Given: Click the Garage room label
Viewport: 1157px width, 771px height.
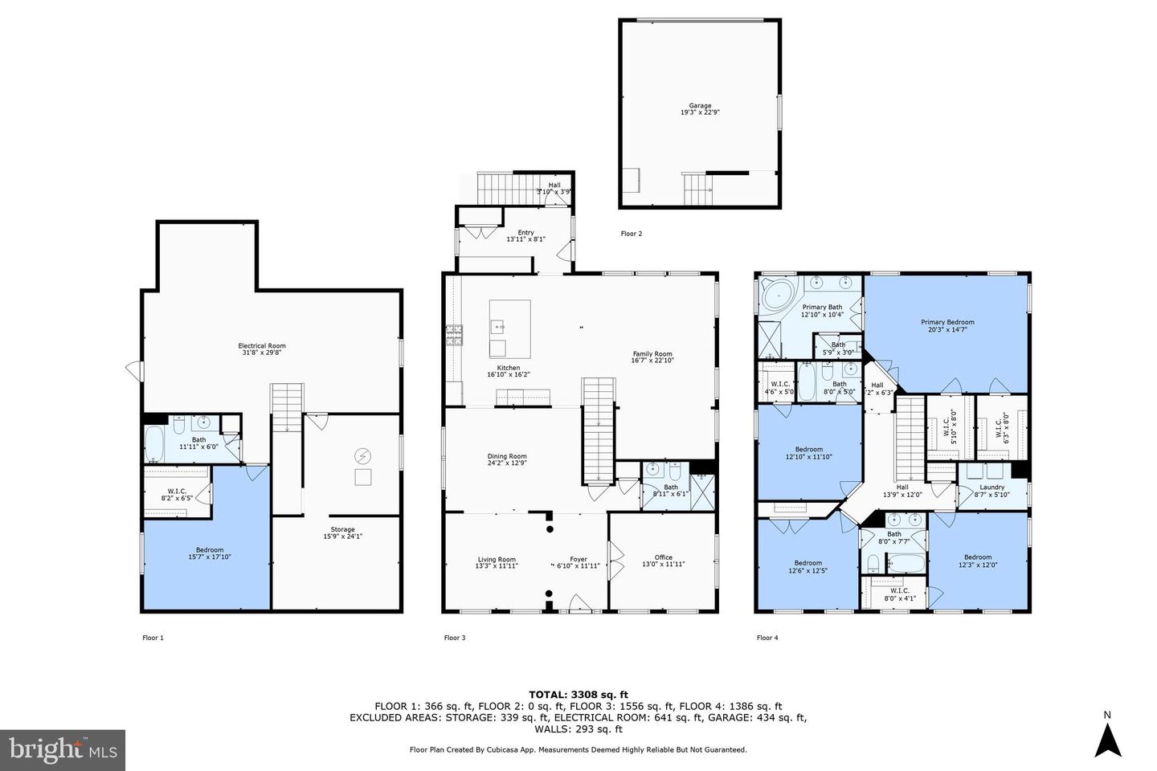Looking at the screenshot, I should point(699,105).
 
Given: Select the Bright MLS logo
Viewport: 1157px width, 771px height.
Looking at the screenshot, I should point(63,750).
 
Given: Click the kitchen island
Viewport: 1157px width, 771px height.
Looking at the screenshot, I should point(509,329).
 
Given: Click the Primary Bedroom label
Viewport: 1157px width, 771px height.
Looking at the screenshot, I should point(947,322).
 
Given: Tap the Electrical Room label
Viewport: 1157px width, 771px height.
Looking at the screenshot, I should point(262,346).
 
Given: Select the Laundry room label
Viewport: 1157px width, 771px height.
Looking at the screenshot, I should point(991,487).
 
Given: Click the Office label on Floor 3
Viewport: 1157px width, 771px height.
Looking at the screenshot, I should point(663,557).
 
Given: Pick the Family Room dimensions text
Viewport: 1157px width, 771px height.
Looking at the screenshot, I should point(652,361).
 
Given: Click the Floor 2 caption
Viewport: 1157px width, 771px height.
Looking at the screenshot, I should point(632,234).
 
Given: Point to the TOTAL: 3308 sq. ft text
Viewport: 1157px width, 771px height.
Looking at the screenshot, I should point(578,695).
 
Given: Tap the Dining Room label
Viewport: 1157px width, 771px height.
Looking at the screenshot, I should point(506,456).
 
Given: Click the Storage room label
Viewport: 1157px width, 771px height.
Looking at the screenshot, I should point(342,529).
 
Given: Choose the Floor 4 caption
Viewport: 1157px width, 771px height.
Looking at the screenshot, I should point(767,638).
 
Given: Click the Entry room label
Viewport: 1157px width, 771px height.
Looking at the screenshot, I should point(525,233).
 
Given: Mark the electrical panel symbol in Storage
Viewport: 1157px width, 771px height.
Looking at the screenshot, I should point(363,456).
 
